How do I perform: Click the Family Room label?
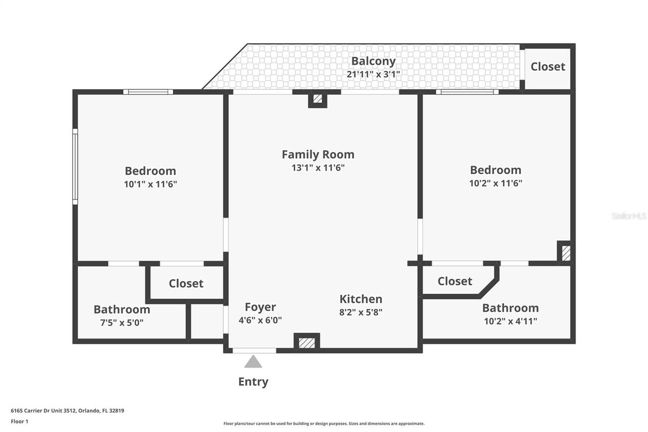[x=318, y=154]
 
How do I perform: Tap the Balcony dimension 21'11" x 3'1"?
[x=373, y=74]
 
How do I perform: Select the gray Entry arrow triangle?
[x=253, y=362]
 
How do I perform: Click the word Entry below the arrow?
[x=253, y=382]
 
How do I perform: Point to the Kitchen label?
[x=361, y=299]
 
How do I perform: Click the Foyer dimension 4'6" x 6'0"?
[x=260, y=320]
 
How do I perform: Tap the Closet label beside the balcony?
[x=548, y=67]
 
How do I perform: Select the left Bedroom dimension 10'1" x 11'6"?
[x=150, y=184]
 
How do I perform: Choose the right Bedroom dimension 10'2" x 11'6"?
[x=496, y=183]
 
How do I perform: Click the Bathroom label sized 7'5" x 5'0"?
[x=122, y=309]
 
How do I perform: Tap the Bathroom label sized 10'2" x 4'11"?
[x=510, y=308]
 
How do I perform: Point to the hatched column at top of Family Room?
[x=317, y=99]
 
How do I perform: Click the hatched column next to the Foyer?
[x=307, y=343]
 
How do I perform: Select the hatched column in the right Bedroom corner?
[x=565, y=253]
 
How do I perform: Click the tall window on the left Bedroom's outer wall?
[x=75, y=167]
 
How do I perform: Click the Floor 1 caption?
[x=20, y=421]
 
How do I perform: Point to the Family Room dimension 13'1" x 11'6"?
[x=318, y=168]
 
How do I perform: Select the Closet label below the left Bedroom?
[x=186, y=284]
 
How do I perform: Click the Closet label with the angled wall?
[x=455, y=281]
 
